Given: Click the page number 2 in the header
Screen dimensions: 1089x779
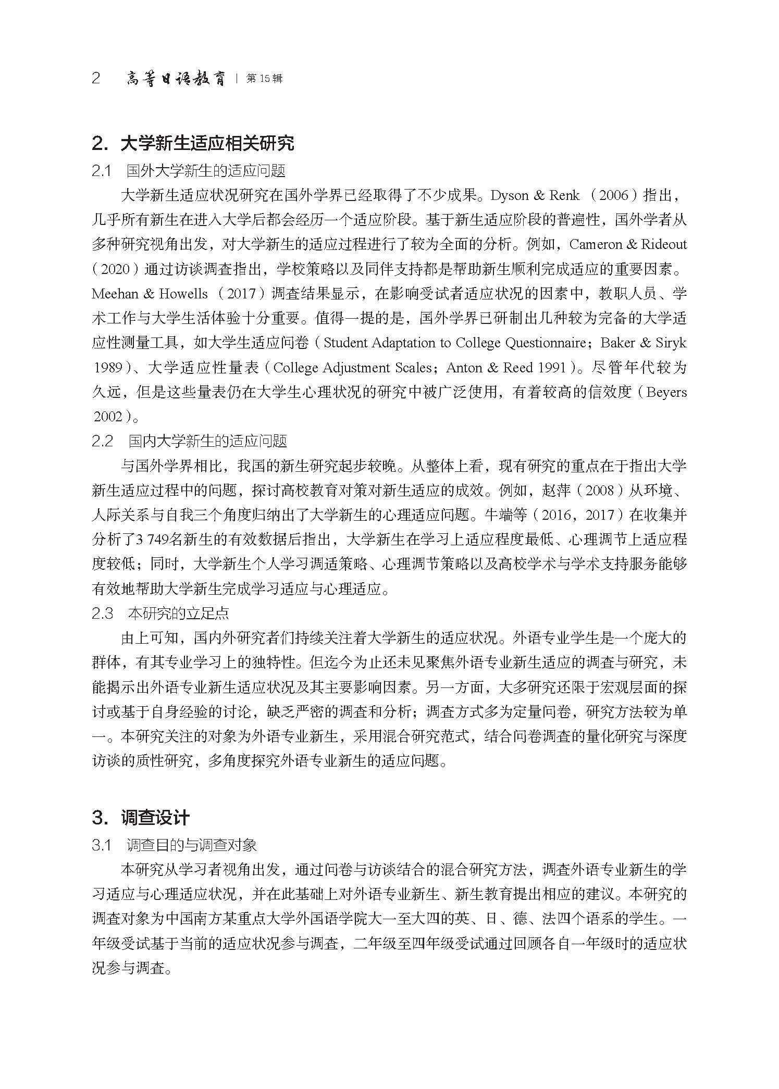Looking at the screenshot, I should coord(96,79).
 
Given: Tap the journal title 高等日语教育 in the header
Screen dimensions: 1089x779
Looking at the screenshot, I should coord(176,79).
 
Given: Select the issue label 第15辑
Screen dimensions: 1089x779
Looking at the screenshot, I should coord(264,79).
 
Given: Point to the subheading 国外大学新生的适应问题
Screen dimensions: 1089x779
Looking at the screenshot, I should coord(206,171).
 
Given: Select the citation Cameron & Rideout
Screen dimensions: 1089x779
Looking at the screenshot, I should coord(628,244).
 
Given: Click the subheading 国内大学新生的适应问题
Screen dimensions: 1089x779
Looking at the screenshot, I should coord(207,441).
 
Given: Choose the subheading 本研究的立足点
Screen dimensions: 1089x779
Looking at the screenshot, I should coord(178,614).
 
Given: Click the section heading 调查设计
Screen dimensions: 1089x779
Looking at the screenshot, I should coord(155,818).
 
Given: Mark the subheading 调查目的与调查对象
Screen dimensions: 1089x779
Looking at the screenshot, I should coord(192,845).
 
